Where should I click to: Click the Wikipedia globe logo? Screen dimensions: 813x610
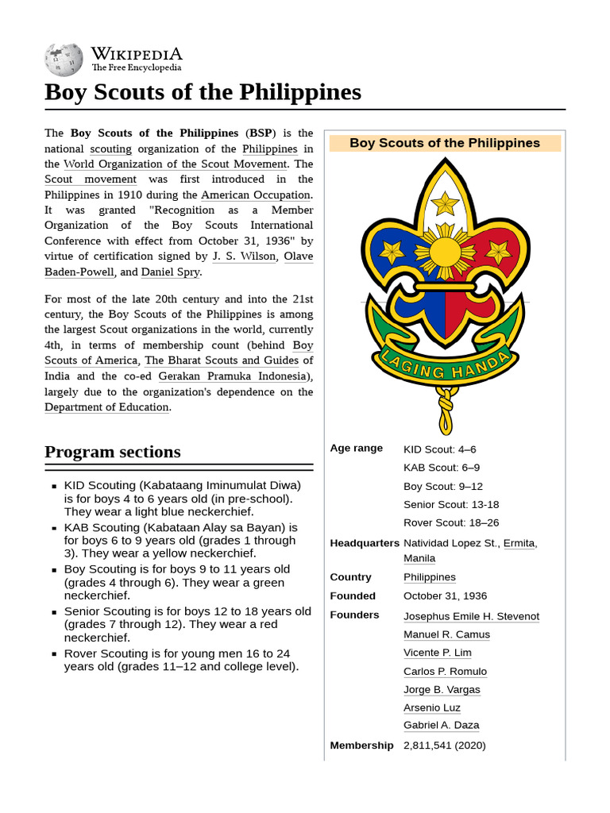pos(64,58)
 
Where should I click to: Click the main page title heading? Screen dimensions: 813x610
pos(203,92)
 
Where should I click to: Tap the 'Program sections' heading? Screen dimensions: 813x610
pos(113,452)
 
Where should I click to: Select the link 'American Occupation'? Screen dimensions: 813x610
pos(255,195)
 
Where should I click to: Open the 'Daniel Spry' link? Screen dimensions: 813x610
pos(170,272)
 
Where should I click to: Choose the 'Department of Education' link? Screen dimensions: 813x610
pos(106,407)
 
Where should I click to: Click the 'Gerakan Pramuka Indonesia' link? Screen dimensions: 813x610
pos(231,376)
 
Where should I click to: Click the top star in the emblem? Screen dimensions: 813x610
pos(445,204)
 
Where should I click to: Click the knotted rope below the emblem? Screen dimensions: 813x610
pos(446,408)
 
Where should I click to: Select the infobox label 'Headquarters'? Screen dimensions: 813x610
pos(365,543)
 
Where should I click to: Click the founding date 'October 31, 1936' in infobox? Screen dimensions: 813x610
pos(445,596)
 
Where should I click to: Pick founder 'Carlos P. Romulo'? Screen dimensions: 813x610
pos(445,672)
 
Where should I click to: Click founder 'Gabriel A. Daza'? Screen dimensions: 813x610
pos(441,726)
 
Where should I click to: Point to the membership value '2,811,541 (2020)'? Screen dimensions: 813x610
pos(444,746)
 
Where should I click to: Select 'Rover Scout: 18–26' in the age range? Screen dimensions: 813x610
pos(450,523)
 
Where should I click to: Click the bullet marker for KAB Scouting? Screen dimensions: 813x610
pos(54,528)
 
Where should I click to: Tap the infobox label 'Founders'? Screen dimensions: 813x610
pos(354,615)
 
